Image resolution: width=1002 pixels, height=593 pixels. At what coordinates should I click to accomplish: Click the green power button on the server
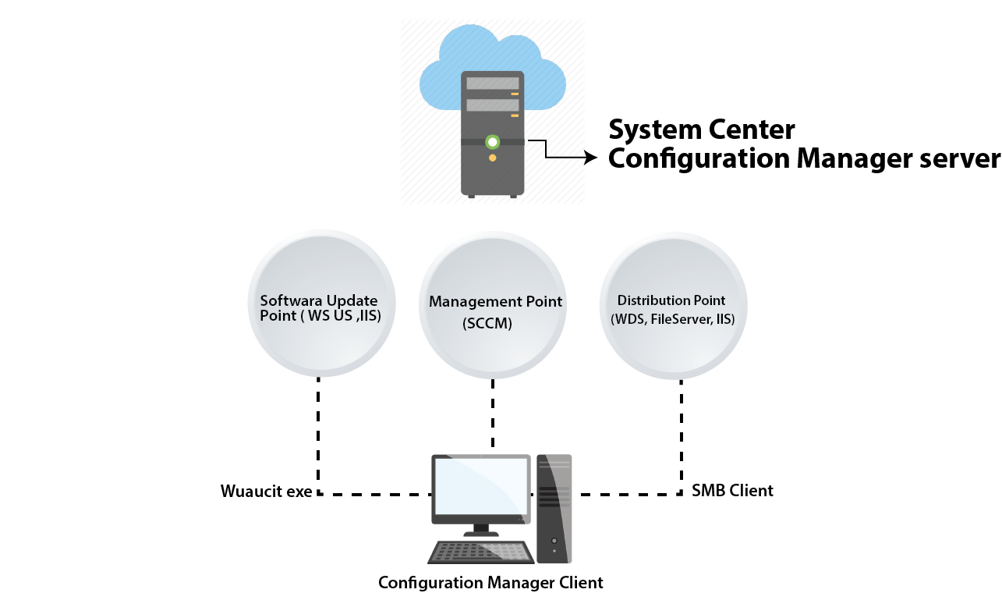click(x=492, y=142)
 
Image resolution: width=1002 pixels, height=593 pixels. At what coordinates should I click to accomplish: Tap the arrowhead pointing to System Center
click(x=590, y=158)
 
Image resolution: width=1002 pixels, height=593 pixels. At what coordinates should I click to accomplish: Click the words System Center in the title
click(x=701, y=129)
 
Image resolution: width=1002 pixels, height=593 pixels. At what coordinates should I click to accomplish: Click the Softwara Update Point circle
click(x=319, y=304)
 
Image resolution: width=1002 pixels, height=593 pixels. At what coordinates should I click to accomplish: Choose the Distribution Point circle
click(x=672, y=304)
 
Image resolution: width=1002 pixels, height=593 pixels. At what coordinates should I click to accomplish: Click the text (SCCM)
click(x=487, y=324)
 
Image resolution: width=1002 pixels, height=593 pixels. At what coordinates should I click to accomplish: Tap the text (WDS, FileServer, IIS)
click(x=671, y=319)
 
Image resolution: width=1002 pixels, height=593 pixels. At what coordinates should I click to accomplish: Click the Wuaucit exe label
click(x=266, y=492)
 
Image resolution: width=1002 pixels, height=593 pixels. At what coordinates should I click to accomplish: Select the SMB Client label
click(x=732, y=491)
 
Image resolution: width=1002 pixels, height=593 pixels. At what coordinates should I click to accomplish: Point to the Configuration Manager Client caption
click(x=490, y=583)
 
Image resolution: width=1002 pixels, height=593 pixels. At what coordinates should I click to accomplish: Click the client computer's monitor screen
click(x=480, y=487)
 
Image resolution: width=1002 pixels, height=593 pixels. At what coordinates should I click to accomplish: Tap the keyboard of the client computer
click(x=480, y=552)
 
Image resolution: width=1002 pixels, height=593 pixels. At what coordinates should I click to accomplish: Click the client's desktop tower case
click(x=554, y=507)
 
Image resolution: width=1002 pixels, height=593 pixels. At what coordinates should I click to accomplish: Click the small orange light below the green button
click(x=492, y=158)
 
